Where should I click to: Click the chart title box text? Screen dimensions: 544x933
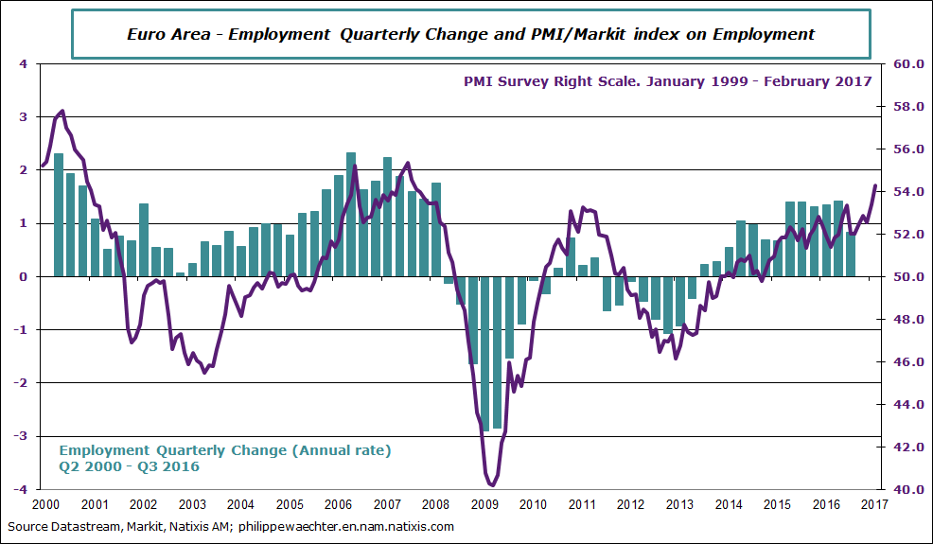(470, 34)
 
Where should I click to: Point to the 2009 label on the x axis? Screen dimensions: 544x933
(484, 504)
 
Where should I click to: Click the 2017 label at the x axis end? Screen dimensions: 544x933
(872, 504)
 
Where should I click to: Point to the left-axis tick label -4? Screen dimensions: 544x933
(22, 489)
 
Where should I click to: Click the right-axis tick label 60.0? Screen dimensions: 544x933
(905, 64)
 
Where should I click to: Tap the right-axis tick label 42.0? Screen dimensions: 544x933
(905, 447)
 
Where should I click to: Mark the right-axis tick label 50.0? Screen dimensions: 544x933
(905, 277)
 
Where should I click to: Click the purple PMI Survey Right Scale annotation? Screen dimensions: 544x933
(667, 81)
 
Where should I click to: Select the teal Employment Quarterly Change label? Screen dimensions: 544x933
(225, 449)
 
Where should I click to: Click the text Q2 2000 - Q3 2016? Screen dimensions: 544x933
(130, 465)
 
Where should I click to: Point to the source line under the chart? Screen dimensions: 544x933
(231, 526)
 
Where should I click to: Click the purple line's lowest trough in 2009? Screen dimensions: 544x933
(492, 485)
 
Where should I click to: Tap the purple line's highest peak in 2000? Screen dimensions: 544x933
(62, 111)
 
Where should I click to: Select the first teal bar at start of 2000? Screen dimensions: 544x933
(59, 214)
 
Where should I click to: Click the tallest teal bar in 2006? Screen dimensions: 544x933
(351, 214)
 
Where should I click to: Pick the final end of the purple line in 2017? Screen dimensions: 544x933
(875, 185)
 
